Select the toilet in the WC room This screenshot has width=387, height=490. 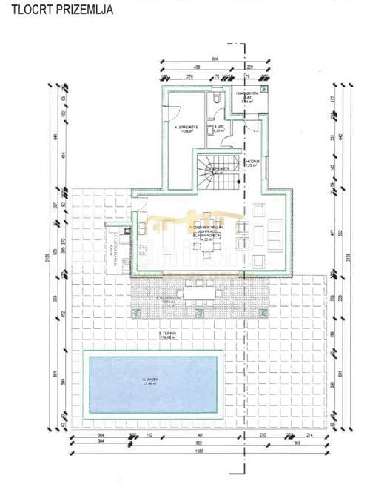[x=214, y=99]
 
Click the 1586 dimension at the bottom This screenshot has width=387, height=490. [x=193, y=451]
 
